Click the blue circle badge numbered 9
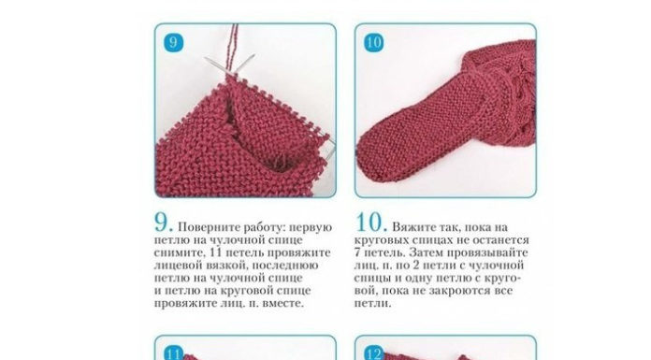click(x=173, y=42)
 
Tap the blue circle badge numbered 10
click(x=373, y=42)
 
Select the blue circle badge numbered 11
click(x=173, y=353)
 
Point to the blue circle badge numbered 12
click(x=373, y=353)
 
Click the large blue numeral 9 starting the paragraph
click(x=162, y=223)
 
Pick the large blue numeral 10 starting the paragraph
click(x=369, y=223)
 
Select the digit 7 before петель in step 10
click(x=357, y=252)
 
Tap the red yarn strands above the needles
click(x=232, y=49)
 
